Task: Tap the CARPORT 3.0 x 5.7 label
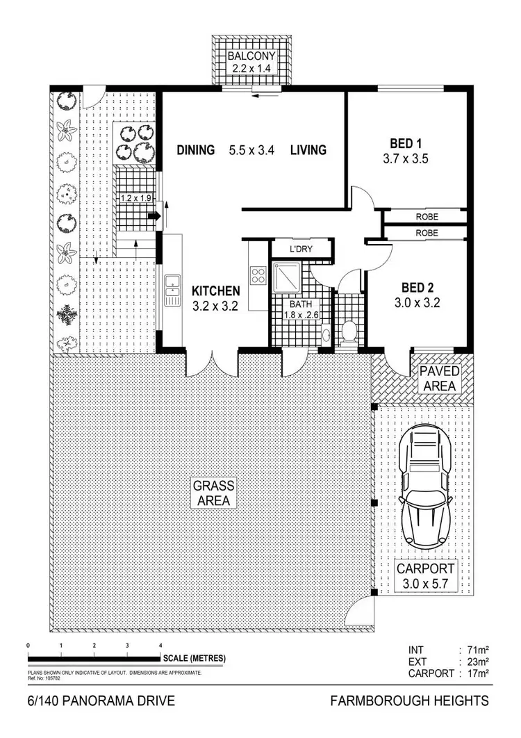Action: (427, 575)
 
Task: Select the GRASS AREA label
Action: (214, 493)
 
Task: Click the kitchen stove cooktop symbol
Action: (258, 275)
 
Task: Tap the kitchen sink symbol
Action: (172, 291)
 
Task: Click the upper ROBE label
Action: (427, 216)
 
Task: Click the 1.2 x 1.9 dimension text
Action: (135, 199)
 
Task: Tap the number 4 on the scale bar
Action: (160, 646)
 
